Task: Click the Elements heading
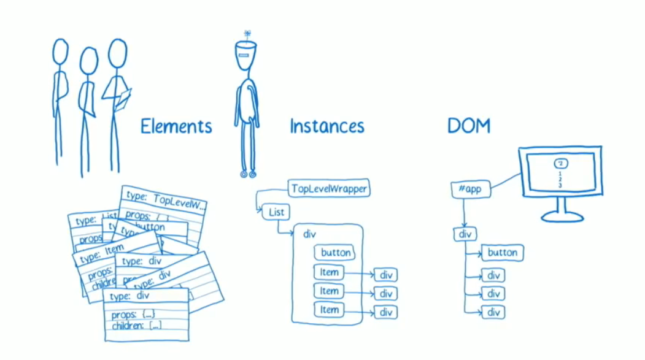(176, 127)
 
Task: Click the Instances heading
(326, 127)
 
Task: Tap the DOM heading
(469, 126)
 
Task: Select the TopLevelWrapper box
(330, 188)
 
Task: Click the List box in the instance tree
(276, 213)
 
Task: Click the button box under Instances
(336, 252)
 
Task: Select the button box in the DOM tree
(503, 252)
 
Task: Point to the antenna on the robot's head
(247, 35)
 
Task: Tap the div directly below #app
(465, 234)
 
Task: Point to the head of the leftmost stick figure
(60, 52)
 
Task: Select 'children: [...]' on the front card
(136, 326)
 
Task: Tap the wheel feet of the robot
(247, 174)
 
